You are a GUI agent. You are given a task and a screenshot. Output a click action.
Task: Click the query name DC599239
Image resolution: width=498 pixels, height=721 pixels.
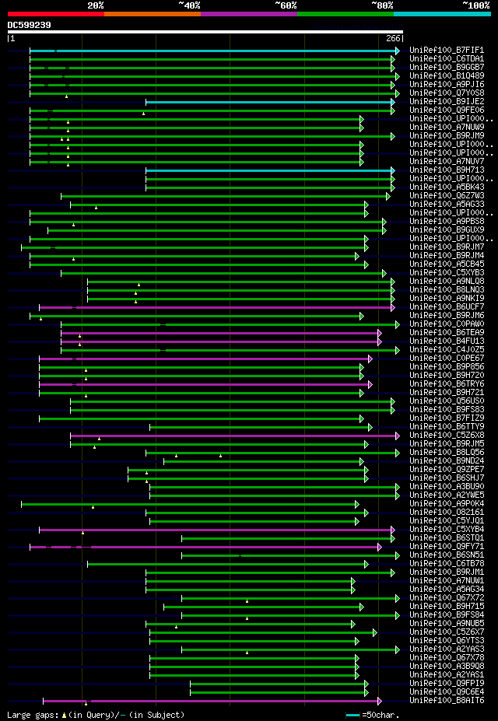(x=30, y=25)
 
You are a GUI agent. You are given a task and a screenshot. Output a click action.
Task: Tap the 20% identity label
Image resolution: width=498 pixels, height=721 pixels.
(x=96, y=5)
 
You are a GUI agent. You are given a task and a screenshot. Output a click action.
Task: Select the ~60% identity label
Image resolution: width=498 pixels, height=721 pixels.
(x=286, y=5)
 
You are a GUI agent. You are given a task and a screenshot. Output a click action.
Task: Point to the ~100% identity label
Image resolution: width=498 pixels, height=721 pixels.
(x=476, y=5)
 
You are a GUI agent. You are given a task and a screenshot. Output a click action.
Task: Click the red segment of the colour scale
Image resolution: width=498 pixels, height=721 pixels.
(x=55, y=13)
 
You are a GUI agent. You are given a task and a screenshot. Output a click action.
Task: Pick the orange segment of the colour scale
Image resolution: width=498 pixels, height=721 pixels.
(x=152, y=13)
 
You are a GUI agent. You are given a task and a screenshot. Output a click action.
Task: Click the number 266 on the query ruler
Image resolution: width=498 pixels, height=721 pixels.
(x=393, y=38)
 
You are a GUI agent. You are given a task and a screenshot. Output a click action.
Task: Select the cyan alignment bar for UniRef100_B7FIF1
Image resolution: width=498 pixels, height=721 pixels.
(x=226, y=51)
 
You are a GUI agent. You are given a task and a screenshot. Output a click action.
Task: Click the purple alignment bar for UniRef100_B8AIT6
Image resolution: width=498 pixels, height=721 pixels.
(x=233, y=701)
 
